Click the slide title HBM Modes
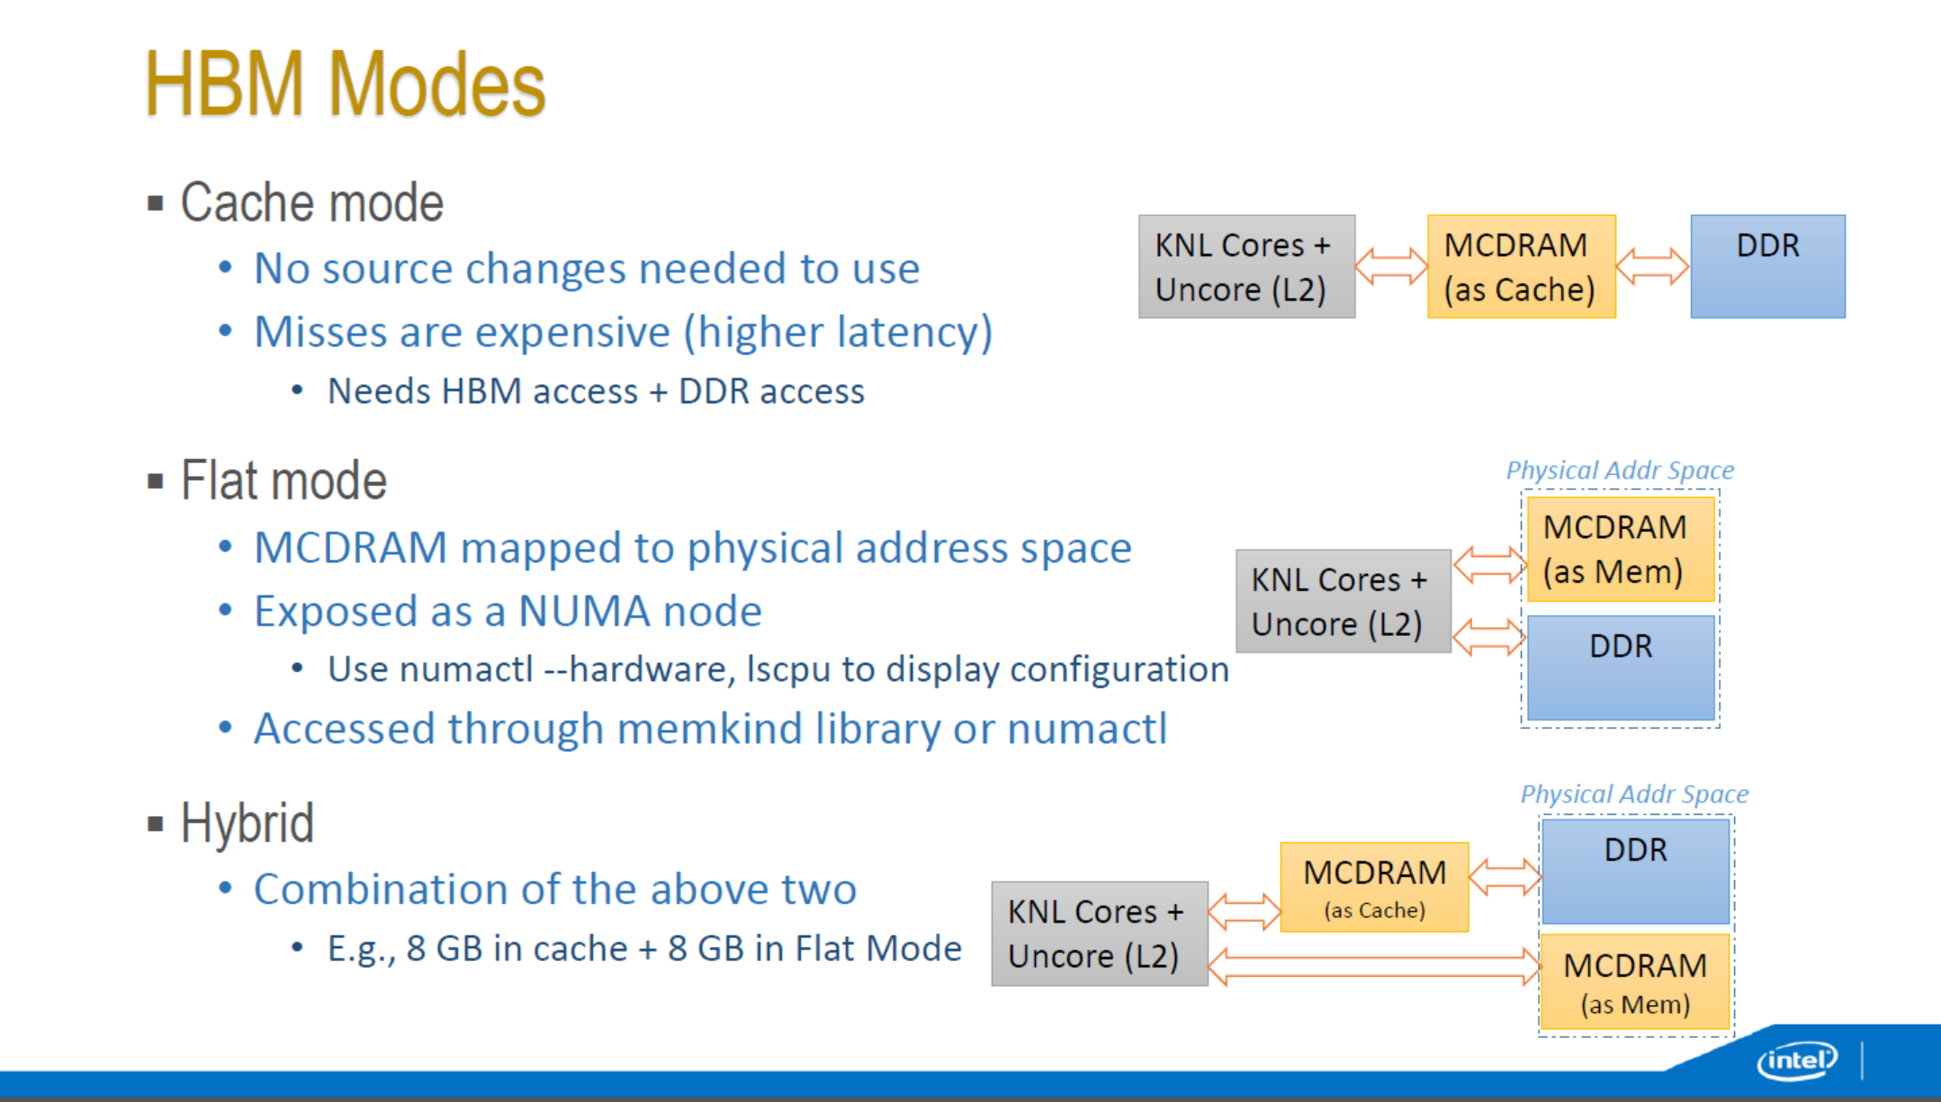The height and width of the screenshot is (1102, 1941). tap(346, 85)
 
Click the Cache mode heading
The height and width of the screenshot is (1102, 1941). tap(311, 202)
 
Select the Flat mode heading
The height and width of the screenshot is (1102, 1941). tap(283, 480)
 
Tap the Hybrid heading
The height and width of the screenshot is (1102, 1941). tap(247, 822)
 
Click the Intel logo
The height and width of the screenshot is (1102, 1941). tap(1797, 1061)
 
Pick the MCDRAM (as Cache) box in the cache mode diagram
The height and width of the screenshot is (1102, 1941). tap(1522, 266)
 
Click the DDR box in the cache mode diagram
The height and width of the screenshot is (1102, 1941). tap(1767, 266)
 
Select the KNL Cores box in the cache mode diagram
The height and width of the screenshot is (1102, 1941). tap(1246, 266)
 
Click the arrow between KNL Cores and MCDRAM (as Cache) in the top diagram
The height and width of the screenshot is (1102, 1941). tap(1391, 266)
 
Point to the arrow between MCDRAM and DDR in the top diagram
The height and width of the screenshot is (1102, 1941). tap(1653, 266)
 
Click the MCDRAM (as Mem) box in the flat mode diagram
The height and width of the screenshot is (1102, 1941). tap(1621, 549)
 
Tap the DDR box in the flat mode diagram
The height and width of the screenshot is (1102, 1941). tap(1621, 667)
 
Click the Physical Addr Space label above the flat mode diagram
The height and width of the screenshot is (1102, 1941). tap(1620, 470)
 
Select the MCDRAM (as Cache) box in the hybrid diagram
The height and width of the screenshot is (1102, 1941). tap(1374, 887)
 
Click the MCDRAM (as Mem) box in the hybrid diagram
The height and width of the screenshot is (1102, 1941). tap(1635, 981)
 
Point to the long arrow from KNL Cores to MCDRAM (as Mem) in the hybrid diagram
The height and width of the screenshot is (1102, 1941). tap(1374, 967)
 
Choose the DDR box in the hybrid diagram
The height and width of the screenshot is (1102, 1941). tap(1635, 871)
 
